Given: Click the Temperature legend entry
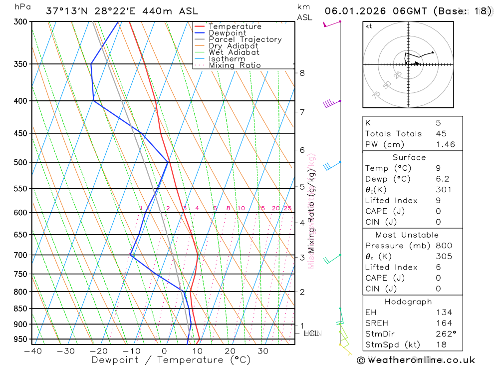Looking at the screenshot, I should (235, 26).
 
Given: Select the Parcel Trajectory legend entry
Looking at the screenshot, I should (245, 39).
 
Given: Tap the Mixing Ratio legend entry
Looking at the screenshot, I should (235, 65).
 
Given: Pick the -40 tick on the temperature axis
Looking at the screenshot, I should (32, 351).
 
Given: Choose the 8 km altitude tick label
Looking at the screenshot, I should (302, 73).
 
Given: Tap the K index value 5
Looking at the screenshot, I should (438, 123).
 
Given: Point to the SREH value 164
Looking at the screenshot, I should (444, 323).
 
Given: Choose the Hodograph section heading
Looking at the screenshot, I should (409, 302).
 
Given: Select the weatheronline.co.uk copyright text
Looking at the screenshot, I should (416, 360).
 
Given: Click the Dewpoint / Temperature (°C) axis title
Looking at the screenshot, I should (171, 360).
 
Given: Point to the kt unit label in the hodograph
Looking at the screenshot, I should (369, 26).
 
